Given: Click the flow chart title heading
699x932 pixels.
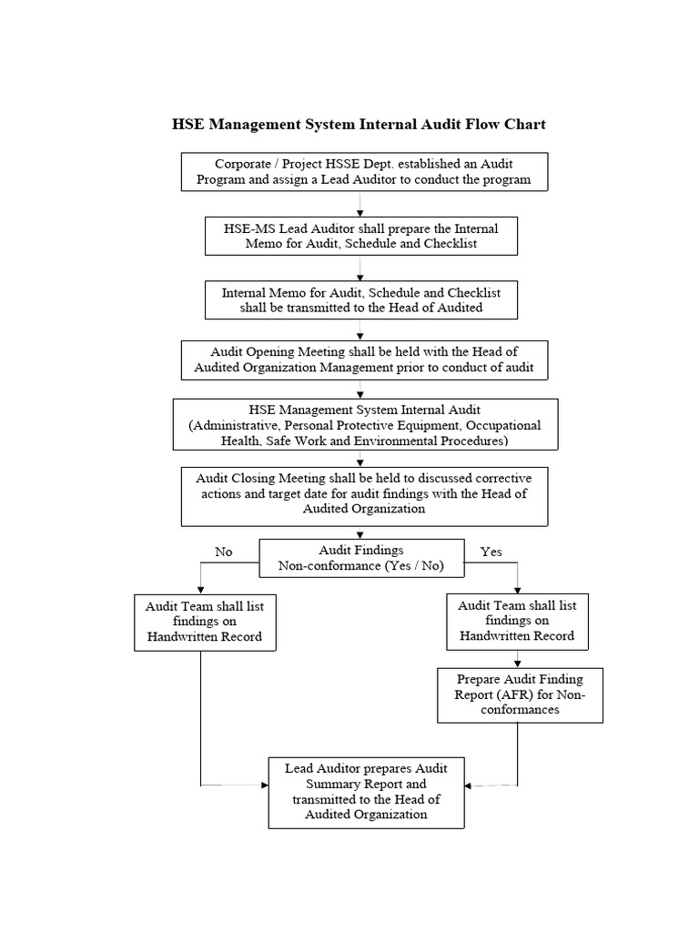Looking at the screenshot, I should click(x=359, y=124).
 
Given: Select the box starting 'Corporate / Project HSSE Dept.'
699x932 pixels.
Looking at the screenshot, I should click(x=364, y=172).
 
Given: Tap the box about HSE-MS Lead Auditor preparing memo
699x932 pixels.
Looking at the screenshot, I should click(x=361, y=236).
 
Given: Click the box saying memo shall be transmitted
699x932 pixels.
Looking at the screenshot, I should click(x=361, y=299).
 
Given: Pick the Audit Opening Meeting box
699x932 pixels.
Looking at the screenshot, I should click(x=364, y=360).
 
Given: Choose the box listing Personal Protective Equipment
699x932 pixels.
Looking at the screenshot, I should click(x=365, y=424).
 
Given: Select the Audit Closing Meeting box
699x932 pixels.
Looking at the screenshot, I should click(x=364, y=493).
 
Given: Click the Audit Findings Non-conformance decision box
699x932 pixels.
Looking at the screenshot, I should click(x=361, y=559).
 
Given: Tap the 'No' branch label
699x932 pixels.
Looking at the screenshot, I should click(x=223, y=552).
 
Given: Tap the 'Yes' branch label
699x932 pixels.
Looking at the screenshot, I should click(x=491, y=552).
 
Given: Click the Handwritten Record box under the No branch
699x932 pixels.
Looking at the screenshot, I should click(x=205, y=622).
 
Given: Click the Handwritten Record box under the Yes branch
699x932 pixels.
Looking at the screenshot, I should click(x=517, y=621).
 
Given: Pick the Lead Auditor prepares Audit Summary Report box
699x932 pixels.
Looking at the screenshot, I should click(x=367, y=791).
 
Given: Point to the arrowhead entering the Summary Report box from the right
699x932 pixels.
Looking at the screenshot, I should click(x=468, y=785).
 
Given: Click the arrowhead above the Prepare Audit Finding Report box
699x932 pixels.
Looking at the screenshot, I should click(x=518, y=664).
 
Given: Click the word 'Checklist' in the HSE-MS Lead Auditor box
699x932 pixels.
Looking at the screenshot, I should click(x=447, y=243).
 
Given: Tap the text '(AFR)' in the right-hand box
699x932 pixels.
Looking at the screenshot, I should click(x=515, y=694).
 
